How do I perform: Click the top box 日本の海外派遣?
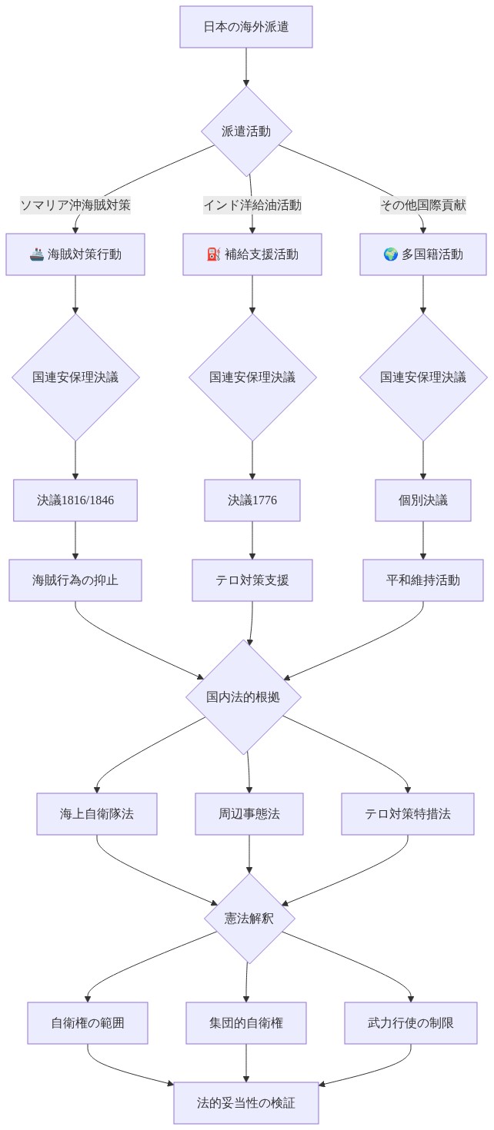246,27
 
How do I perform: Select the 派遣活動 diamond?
246,131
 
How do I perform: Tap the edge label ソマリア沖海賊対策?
75,205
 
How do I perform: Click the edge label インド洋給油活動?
252,205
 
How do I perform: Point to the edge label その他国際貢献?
423,205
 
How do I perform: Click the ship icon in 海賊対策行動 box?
36,254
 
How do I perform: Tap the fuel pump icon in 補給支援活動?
214,254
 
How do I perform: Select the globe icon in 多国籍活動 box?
391,254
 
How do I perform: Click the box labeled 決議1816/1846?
75,500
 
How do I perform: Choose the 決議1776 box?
252,500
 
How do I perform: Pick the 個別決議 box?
423,500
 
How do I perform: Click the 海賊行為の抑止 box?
75,580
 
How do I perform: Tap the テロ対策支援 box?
252,580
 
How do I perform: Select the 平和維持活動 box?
423,580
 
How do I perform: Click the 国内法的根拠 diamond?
243,697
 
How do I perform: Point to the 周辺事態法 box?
249,814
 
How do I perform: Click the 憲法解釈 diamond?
249,919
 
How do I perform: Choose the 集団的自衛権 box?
246,1023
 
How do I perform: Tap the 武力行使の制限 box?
411,1023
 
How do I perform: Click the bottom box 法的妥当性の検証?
246,1103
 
